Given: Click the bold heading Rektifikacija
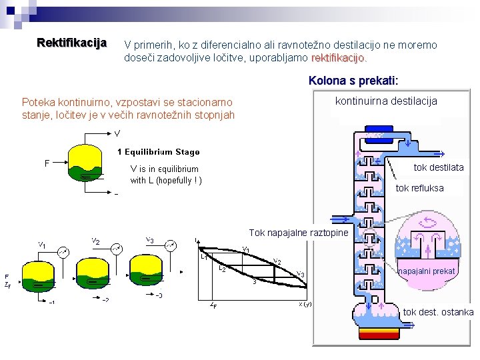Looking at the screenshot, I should point(71,43).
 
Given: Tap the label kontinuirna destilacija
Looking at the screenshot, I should point(386,101).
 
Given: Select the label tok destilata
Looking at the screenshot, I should point(438,167).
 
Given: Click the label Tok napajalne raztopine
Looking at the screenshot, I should point(298,233).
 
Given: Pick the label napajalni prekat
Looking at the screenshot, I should point(427,271).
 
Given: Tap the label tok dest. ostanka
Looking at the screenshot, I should point(438,312).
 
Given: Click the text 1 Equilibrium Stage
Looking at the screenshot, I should point(158,151).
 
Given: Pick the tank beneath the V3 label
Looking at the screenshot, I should point(147,272).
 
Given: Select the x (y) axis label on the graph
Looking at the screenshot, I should point(305,304).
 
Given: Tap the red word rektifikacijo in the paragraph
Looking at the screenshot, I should point(338,58).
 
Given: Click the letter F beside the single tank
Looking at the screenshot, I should point(47,163).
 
